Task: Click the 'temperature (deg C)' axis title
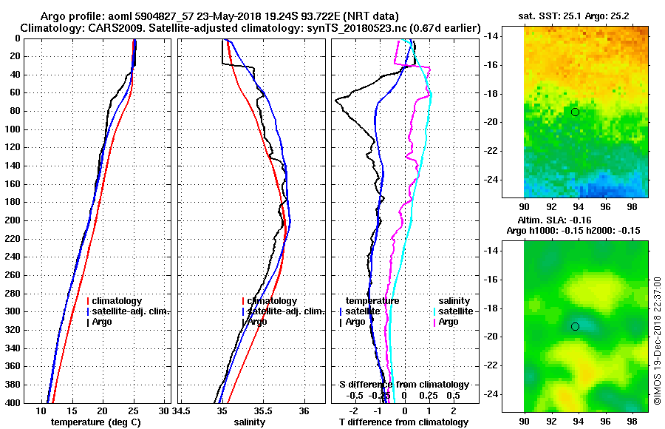(x=95, y=422)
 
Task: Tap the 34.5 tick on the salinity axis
(x=183, y=410)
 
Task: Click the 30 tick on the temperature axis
(x=164, y=410)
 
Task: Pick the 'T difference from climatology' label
(x=403, y=422)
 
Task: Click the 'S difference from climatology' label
(x=403, y=385)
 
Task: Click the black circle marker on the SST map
(x=575, y=112)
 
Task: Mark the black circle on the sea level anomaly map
(x=575, y=326)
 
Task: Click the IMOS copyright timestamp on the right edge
(x=657, y=340)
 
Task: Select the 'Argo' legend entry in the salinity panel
(x=259, y=322)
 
